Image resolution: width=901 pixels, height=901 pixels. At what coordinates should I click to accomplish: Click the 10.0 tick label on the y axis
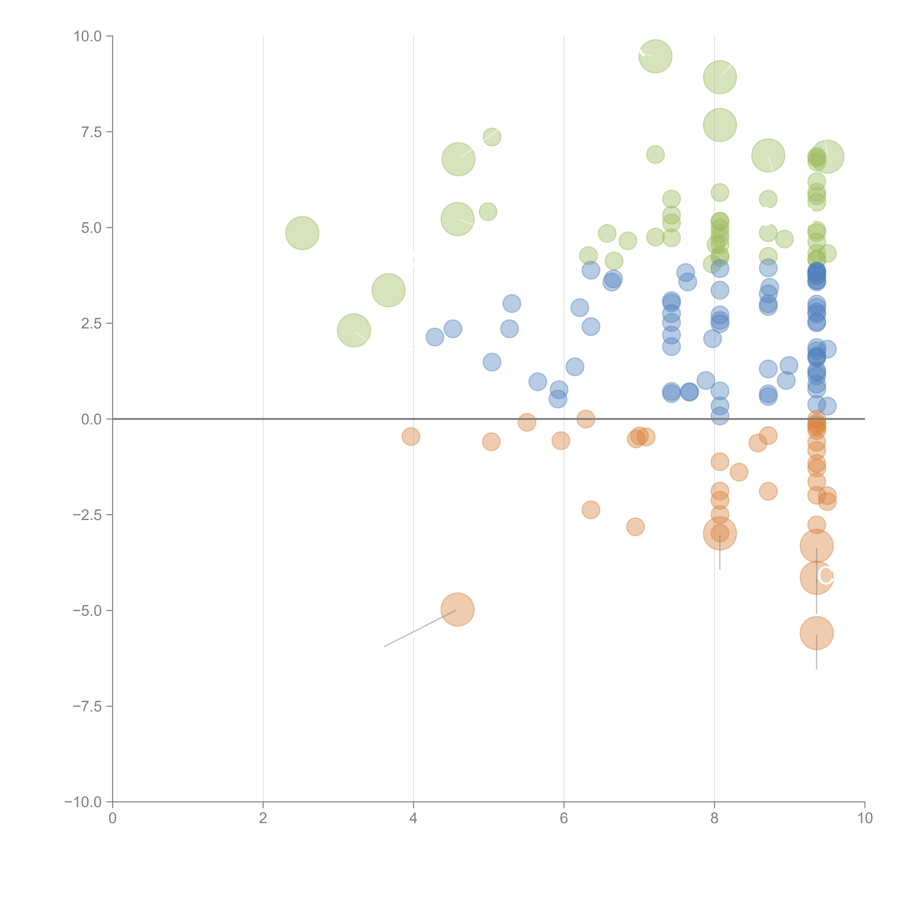click(88, 36)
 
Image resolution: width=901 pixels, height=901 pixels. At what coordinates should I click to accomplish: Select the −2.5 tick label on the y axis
click(87, 515)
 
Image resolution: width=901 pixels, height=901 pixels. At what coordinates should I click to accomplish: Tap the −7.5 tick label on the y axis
click(87, 706)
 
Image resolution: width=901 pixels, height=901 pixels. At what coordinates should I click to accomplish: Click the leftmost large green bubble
click(302, 233)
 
